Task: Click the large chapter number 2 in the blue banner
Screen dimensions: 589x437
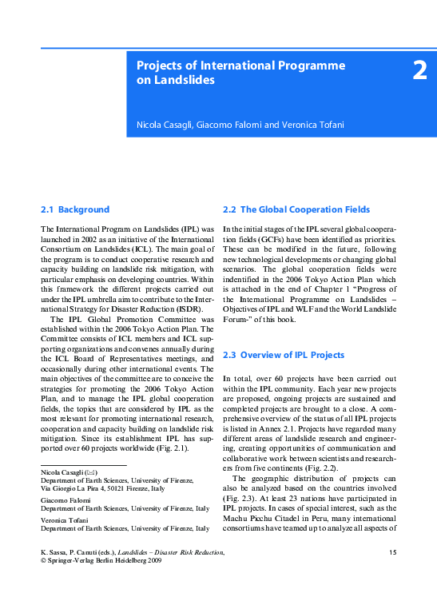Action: point(419,71)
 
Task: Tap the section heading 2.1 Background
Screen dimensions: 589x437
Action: point(75,209)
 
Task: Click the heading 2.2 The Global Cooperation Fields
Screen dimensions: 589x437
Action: point(296,209)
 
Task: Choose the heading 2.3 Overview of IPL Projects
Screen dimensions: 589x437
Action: point(284,355)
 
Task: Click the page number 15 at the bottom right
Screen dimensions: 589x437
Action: point(391,553)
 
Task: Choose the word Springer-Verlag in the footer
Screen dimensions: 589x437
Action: point(67,562)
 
